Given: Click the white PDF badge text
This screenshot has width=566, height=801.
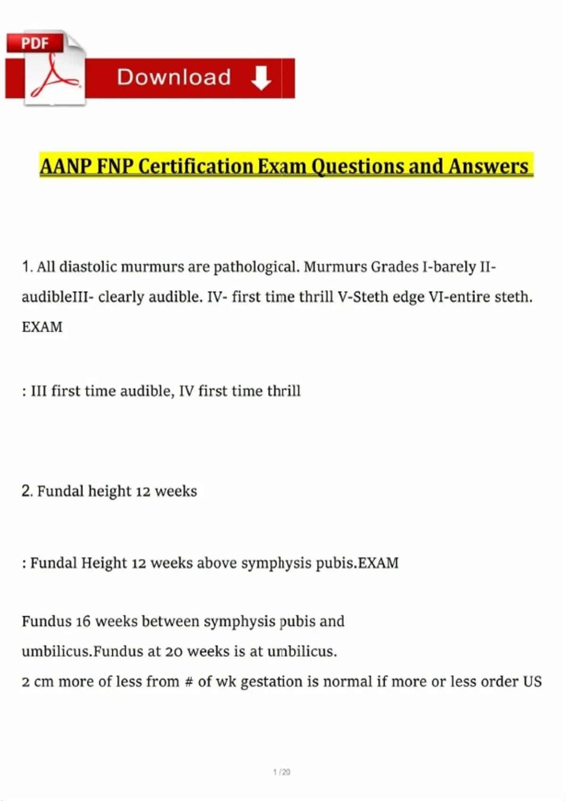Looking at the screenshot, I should click(35, 43).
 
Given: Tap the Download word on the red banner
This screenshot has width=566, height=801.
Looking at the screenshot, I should click(174, 77).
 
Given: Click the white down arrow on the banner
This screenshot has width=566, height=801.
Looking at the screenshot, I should click(261, 78).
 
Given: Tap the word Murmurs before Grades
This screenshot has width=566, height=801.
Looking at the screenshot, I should click(335, 267).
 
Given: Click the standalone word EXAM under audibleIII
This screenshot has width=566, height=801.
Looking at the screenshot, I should click(42, 327).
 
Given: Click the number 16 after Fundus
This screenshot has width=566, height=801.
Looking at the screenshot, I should click(83, 621).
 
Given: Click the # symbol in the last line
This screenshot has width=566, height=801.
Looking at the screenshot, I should click(189, 682).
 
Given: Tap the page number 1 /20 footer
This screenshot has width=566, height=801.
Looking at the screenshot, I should click(282, 772).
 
